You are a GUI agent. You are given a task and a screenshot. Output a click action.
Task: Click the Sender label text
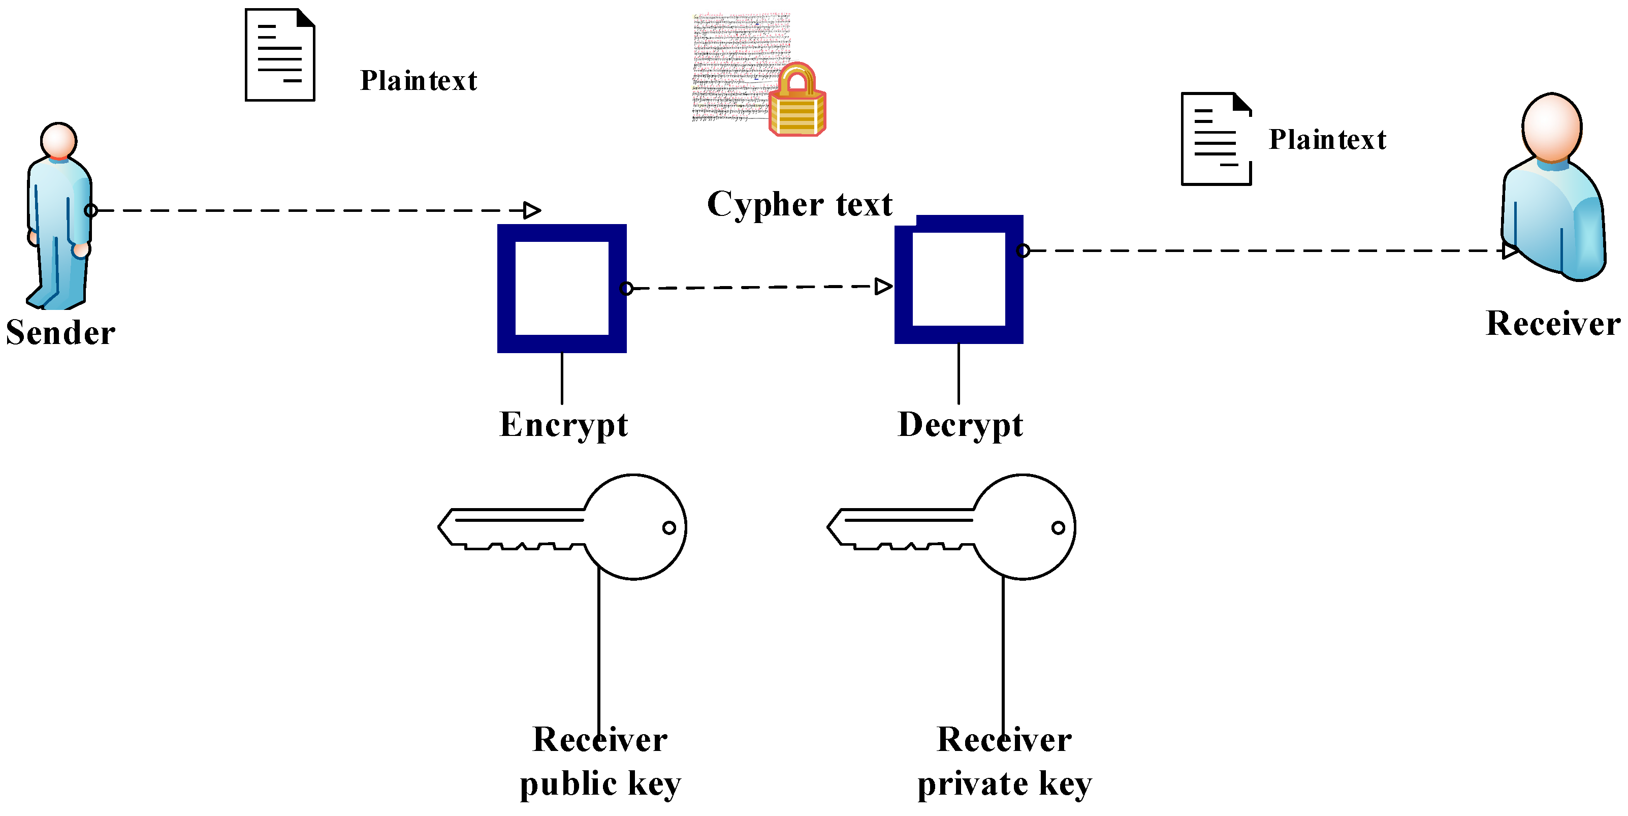[x=60, y=332]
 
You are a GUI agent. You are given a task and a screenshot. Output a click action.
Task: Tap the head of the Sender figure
[x=59, y=140]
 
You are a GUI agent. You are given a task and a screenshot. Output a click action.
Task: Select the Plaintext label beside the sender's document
[x=419, y=81]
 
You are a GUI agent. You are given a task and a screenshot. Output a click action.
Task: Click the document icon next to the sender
[x=280, y=55]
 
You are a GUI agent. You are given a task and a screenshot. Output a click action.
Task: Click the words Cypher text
[x=800, y=204]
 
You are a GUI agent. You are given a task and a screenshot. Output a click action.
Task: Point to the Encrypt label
[x=563, y=425]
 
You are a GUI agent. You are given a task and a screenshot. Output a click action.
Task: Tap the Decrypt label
[x=960, y=425]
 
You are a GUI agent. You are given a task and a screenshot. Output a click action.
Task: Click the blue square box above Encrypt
[x=562, y=288]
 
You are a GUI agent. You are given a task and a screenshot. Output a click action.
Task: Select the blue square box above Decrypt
[x=959, y=279]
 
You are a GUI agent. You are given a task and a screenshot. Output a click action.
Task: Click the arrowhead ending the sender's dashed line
[x=532, y=210]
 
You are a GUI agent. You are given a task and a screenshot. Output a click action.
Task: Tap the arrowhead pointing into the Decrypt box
[x=883, y=287]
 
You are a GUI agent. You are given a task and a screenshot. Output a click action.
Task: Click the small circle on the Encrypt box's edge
[x=626, y=289]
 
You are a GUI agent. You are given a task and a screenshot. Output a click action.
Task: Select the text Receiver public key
[x=600, y=762]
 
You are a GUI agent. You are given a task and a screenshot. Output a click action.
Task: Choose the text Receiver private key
[x=1004, y=762]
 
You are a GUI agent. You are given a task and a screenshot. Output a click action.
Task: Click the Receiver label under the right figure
[x=1553, y=324]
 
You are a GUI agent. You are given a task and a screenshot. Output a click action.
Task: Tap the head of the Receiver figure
[x=1552, y=127]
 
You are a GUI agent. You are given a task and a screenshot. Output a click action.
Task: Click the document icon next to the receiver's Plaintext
[x=1217, y=139]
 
